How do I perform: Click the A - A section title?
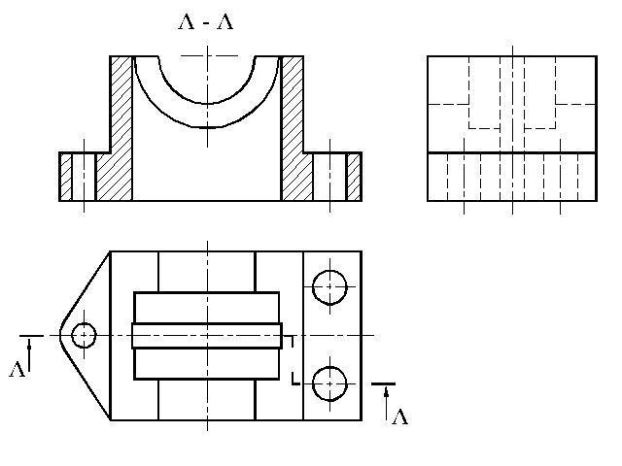tap(206, 22)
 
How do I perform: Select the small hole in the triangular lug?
tap(84, 336)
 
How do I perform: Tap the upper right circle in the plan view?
tap(329, 287)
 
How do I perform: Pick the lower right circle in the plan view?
tap(329, 383)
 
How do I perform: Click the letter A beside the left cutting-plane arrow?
tap(17, 369)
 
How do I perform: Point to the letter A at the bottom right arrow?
tap(399, 417)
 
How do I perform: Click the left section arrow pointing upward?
tap(29, 357)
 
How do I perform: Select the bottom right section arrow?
tap(387, 404)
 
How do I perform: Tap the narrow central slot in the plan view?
tap(207, 336)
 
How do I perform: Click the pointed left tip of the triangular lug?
tap(60, 335)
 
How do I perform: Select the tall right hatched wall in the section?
tap(294, 128)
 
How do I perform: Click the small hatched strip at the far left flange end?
tap(65, 177)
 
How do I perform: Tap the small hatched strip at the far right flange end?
tap(354, 177)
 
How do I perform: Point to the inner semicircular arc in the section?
tap(207, 104)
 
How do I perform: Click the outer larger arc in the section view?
tap(207, 127)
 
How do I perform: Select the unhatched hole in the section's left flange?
tap(84, 177)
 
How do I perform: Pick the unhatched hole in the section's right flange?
tap(329, 177)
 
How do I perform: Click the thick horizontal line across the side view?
tap(512, 152)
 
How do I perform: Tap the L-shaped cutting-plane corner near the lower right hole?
tap(294, 383)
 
